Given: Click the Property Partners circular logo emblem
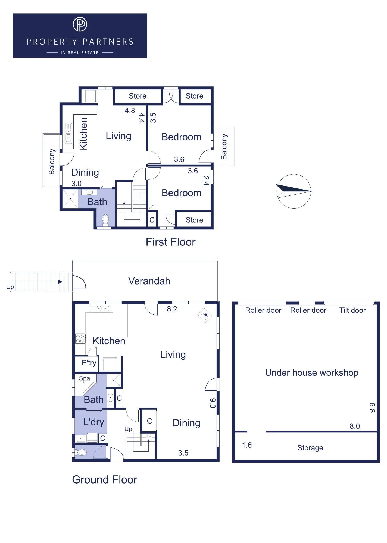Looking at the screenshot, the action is tap(80, 24).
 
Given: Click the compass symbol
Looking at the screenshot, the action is tap(294, 191).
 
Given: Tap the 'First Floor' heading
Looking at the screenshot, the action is tap(170, 242).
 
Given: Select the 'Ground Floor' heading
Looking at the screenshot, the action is tap(105, 480).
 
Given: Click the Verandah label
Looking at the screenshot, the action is tap(149, 281).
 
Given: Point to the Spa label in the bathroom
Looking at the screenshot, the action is tap(84, 378).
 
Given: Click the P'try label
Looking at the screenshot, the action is tap(89, 363).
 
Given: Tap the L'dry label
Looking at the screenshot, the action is tap(94, 422).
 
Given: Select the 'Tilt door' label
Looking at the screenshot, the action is tap(352, 310).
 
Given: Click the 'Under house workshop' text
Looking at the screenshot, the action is tap(312, 373).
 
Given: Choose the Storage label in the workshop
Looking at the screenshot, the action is tap(310, 448).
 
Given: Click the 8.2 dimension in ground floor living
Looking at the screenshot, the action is tap(172, 309).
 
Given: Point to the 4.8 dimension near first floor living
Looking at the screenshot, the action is tap(130, 111).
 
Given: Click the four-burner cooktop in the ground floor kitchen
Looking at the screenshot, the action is tap(80, 339).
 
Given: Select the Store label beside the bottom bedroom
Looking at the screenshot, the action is tap(194, 220).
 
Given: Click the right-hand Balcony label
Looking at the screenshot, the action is tap(224, 147).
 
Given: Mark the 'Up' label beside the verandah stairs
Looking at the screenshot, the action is tap(10, 287).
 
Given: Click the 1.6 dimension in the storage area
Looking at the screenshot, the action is tap(247, 445).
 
